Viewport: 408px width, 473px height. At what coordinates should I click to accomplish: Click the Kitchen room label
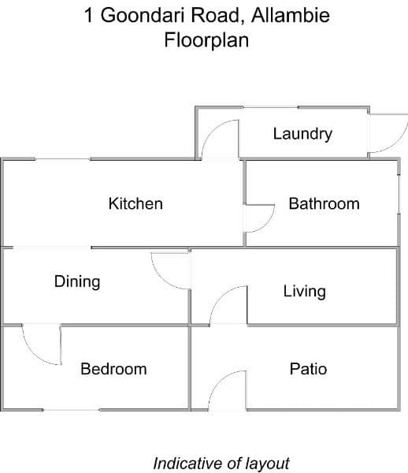pos(135,203)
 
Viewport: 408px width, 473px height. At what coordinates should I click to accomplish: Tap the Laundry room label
pos(302,134)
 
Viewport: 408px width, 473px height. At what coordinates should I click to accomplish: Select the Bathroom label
pos(325,203)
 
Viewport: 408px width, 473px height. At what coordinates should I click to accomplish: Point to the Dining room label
pos(77,282)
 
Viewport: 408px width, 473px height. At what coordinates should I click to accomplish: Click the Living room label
pos(304,292)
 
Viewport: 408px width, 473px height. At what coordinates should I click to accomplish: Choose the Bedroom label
pos(113,369)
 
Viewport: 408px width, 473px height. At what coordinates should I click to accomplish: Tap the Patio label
pos(308,369)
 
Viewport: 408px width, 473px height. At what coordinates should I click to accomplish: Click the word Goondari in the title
pos(143,15)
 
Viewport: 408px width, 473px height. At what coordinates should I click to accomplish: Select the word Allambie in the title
pos(291,15)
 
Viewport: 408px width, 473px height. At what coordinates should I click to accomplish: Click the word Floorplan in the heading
pos(206,40)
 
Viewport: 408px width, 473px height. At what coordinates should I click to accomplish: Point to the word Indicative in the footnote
pos(186,463)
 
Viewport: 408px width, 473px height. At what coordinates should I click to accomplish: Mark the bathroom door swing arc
pos(268,223)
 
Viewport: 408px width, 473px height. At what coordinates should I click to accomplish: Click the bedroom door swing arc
pos(33,355)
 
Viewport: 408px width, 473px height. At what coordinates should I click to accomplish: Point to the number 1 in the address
pos(88,15)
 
